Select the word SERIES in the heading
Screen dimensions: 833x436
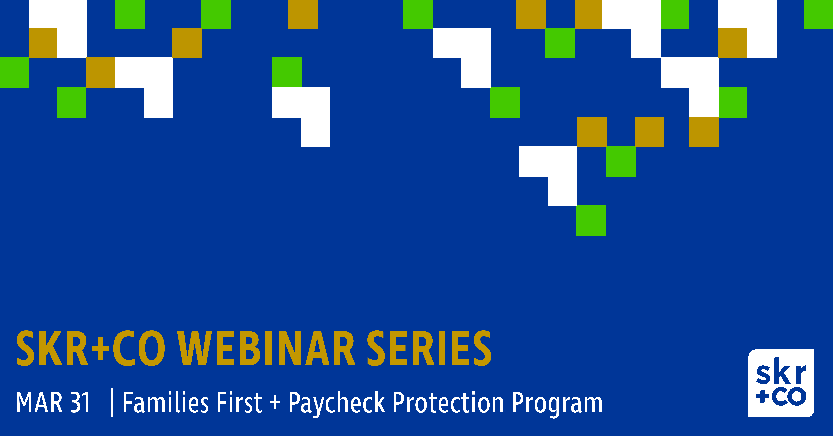429,348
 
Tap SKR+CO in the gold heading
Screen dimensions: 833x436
91,348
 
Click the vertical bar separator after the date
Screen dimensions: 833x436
112,403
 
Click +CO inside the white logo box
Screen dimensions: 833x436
781,397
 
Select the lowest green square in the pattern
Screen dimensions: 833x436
591,221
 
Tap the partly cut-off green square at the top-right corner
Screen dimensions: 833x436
818,14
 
